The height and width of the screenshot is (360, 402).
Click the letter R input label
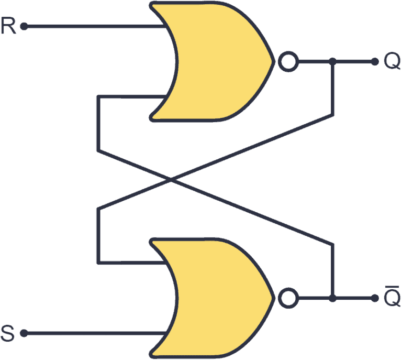coord(9,26)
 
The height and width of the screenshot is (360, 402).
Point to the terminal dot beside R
coord(24,26)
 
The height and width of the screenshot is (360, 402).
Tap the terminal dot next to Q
coord(374,62)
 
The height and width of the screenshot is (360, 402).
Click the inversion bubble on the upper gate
coord(287,62)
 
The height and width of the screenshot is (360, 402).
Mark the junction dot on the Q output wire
coord(332,62)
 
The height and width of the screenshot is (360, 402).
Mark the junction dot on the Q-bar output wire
coord(332,299)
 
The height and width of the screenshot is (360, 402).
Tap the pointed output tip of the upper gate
coord(272,62)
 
